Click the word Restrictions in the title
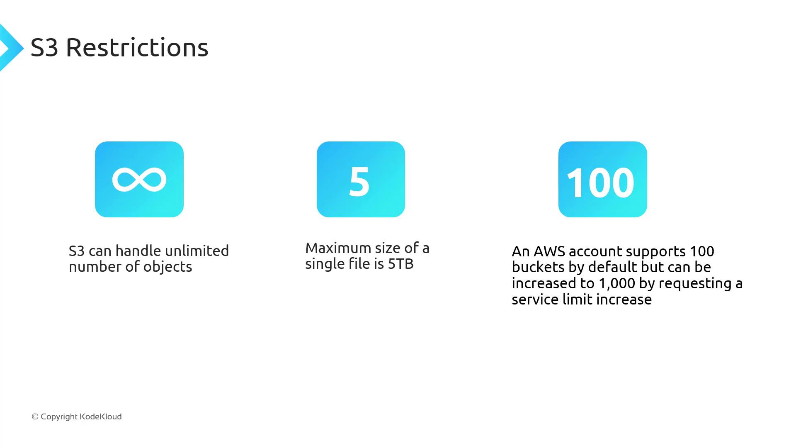tap(137, 47)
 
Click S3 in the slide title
tap(44, 47)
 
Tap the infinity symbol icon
tap(139, 180)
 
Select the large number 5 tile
tap(361, 180)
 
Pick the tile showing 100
tap(603, 180)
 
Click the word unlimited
tap(197, 251)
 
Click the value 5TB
tap(401, 264)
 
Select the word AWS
tap(549, 251)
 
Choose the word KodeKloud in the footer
tap(101, 416)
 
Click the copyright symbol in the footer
tap(35, 416)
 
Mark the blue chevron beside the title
tap(12, 48)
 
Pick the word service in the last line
tap(535, 299)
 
